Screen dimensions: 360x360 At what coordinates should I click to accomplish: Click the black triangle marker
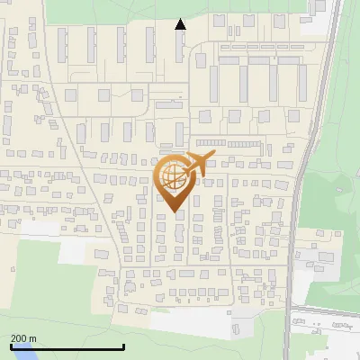tap(180, 24)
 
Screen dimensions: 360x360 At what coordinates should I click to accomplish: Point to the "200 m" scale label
tap(24, 337)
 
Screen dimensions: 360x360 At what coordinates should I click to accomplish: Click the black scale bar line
tap(67, 346)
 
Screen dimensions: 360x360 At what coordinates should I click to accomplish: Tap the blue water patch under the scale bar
tap(27, 355)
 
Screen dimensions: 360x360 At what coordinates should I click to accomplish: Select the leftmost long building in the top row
tap(63, 45)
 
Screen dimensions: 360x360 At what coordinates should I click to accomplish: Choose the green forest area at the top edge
tap(108, 9)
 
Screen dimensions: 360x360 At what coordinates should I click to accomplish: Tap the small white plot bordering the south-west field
tap(76, 252)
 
